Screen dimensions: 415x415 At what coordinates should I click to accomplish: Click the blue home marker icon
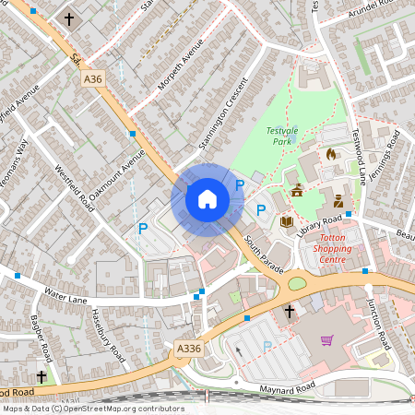(207, 198)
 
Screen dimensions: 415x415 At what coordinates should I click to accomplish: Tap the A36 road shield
(93, 80)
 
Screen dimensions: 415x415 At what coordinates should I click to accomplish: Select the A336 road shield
(188, 348)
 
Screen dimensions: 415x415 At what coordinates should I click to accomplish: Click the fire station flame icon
(331, 153)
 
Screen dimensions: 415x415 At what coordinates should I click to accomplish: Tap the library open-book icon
(286, 221)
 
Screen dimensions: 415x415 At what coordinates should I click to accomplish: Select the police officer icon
(338, 201)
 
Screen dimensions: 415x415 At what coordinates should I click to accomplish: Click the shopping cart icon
(326, 339)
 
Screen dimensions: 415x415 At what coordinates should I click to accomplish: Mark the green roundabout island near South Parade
(298, 282)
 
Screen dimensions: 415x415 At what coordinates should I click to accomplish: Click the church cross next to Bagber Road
(41, 377)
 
